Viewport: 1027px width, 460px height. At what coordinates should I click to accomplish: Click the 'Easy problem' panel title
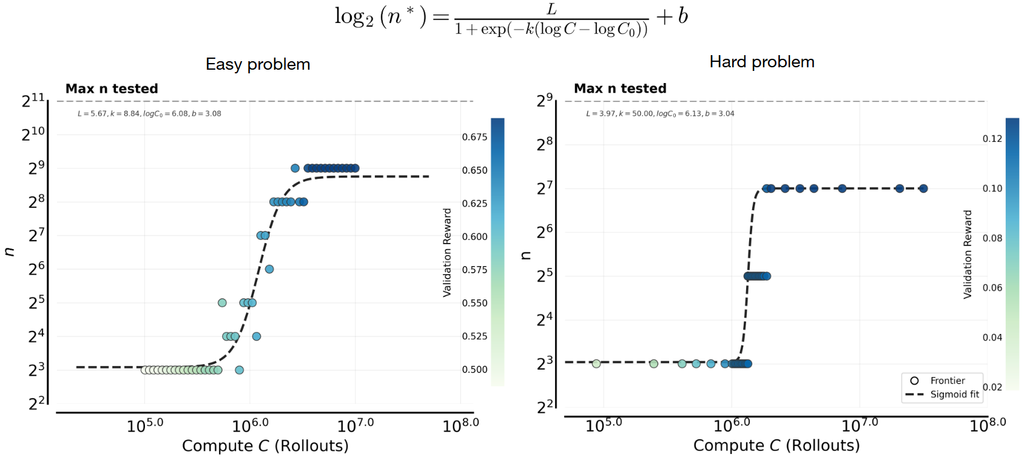coord(258,64)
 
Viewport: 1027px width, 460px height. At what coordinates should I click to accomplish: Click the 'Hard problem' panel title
coord(762,62)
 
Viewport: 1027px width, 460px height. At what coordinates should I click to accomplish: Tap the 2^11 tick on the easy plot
coord(33,101)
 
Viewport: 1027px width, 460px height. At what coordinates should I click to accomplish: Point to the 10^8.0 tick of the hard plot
coord(988,425)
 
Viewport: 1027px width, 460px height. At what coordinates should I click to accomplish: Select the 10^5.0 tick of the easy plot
coord(145,425)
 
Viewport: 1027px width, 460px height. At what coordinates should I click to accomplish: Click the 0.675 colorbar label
coord(474,137)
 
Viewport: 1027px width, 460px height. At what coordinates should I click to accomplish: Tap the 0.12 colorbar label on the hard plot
coord(992,139)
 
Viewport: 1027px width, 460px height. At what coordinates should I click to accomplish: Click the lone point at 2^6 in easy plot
coord(269,269)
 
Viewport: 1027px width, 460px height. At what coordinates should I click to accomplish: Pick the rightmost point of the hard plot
coord(923,188)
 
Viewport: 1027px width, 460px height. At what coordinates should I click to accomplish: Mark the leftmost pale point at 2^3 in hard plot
coord(596,364)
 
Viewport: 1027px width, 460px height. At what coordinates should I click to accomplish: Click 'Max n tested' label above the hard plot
coord(620,88)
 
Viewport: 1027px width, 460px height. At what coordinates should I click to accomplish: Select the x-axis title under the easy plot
coord(265,446)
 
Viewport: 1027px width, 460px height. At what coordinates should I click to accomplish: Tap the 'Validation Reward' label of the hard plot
coord(968,255)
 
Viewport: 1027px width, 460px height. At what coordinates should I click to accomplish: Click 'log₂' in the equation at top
coord(354,16)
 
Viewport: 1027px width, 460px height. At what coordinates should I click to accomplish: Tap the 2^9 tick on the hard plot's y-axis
coord(545,100)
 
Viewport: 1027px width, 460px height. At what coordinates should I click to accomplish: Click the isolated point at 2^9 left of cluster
coord(295,168)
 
